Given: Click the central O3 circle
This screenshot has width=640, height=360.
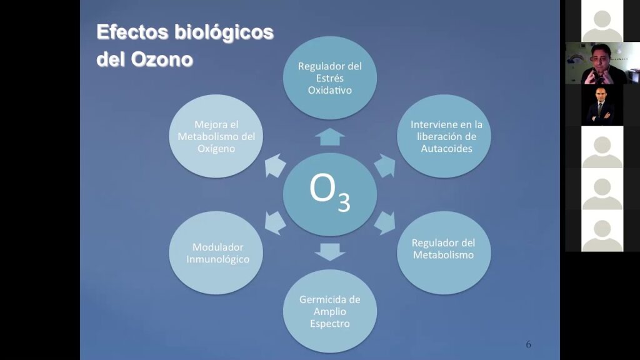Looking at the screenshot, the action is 330,194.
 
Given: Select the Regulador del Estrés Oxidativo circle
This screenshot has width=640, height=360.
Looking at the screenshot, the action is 330,77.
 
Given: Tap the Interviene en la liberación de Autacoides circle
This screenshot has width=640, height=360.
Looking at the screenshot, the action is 444,136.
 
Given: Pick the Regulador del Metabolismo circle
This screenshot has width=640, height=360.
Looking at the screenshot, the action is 444,252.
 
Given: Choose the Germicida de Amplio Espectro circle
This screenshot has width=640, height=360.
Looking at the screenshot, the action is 330,311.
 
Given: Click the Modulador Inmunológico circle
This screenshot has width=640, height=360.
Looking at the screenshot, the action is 216,252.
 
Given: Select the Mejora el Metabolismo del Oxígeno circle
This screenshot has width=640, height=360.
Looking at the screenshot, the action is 216,136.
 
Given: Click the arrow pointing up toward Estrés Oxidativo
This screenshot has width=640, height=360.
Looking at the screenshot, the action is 330,137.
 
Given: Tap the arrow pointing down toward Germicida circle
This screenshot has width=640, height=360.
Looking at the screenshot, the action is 330,252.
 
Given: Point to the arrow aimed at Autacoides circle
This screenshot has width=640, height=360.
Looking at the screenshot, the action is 385,165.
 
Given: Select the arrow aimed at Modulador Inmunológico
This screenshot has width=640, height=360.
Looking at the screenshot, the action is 275,223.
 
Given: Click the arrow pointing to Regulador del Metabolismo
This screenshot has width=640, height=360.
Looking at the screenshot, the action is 385,223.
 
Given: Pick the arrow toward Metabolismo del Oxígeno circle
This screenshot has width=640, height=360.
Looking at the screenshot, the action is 275,165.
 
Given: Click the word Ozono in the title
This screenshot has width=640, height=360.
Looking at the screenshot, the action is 162,59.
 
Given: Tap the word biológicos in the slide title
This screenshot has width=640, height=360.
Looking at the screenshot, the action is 224,32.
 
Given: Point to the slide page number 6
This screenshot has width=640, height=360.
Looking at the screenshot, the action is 529,344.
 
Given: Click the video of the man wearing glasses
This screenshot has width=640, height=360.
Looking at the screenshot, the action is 602,63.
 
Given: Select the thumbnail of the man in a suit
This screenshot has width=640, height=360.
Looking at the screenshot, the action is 602,105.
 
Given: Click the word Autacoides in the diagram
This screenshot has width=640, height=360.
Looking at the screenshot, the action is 446,149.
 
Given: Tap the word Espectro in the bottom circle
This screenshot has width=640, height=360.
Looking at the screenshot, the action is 330,324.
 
